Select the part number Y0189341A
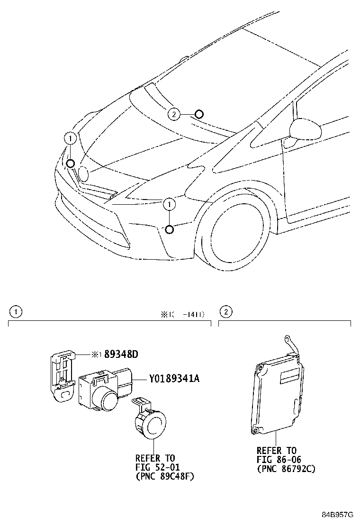tap(174, 379)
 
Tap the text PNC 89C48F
tap(165, 477)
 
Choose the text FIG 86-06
tap(279, 460)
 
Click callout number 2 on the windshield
tap(174, 114)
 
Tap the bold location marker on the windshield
tap(199, 114)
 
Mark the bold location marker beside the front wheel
tap(169, 230)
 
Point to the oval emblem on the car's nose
tap(83, 174)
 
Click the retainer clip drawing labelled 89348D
tap(62, 374)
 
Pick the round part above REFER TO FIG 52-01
tap(152, 422)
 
